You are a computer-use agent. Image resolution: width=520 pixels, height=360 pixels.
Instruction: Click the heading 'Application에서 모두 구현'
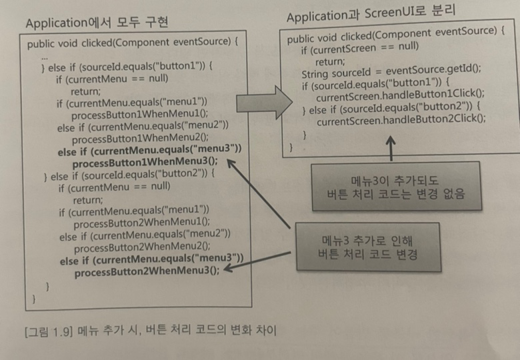point(97,23)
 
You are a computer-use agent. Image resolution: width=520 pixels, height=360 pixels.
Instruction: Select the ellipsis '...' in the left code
point(45,57)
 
